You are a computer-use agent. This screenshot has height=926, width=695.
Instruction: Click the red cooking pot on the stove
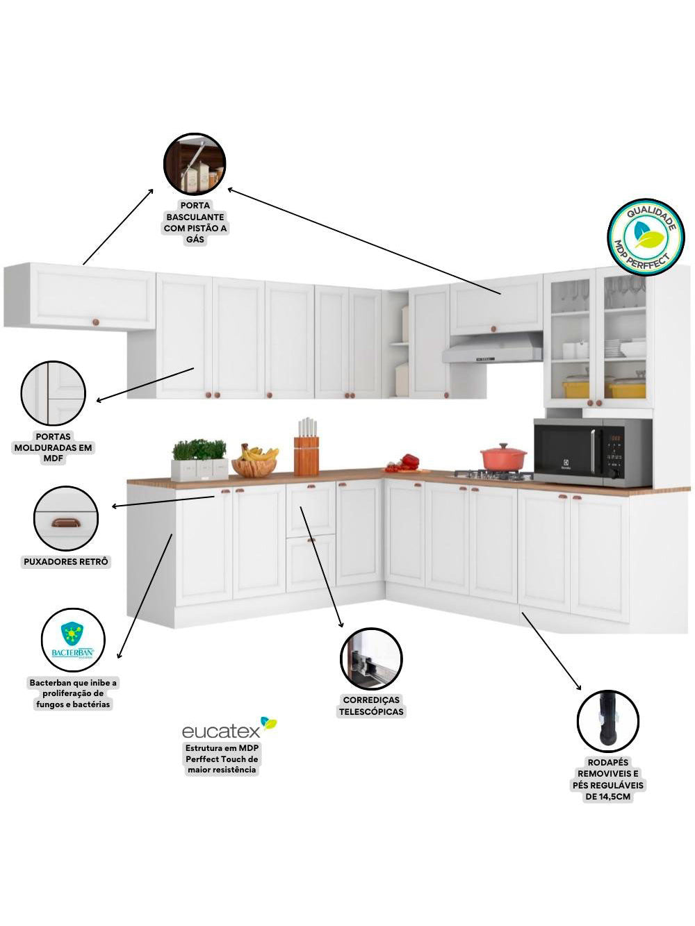point(503,456)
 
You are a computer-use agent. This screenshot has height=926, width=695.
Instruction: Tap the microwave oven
point(592,452)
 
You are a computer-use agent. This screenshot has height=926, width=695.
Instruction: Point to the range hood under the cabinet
point(492,349)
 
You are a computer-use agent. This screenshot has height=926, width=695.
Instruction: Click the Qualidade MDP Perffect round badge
point(645,237)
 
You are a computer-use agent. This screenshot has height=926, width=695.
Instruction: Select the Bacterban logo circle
point(72,640)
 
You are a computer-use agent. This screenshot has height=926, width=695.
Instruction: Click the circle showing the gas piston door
point(195,164)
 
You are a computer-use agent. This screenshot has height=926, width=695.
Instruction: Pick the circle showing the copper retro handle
point(66,518)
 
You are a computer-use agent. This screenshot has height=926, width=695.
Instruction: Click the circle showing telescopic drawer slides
point(371,659)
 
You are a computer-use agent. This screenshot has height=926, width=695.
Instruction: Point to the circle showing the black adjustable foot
point(607,721)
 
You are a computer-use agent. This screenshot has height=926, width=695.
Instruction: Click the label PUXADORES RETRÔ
point(66,561)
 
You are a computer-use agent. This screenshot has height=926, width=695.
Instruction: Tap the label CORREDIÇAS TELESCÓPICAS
point(371,705)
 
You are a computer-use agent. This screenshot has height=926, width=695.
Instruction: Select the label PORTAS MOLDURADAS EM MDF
point(54,447)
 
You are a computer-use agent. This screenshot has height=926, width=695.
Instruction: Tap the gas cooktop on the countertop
point(493,475)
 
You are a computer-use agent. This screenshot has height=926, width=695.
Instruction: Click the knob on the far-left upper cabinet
point(96,322)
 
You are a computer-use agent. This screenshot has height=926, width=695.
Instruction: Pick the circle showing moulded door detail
point(54,392)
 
